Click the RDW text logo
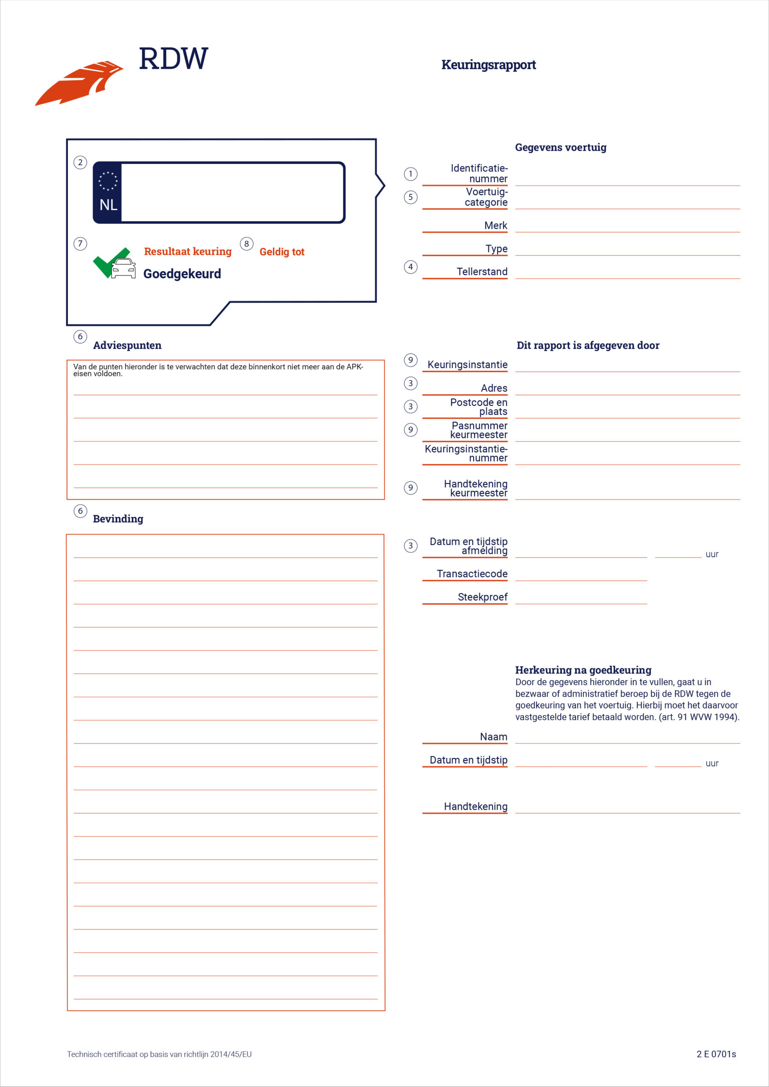coord(173,59)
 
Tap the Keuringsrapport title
coord(488,65)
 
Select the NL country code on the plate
coord(108,205)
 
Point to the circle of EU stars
coord(108,181)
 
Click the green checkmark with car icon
coord(114,264)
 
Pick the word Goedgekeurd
coord(182,273)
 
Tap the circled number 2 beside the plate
coord(80,162)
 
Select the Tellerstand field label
coord(481,272)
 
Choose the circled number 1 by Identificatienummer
coord(410,174)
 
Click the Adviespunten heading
coord(127,346)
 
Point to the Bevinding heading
coord(118,519)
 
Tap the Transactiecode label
coord(472,574)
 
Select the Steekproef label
coord(482,597)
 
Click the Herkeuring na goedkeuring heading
coord(583,670)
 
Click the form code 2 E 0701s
coord(715,1063)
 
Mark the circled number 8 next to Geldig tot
coord(246,244)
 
